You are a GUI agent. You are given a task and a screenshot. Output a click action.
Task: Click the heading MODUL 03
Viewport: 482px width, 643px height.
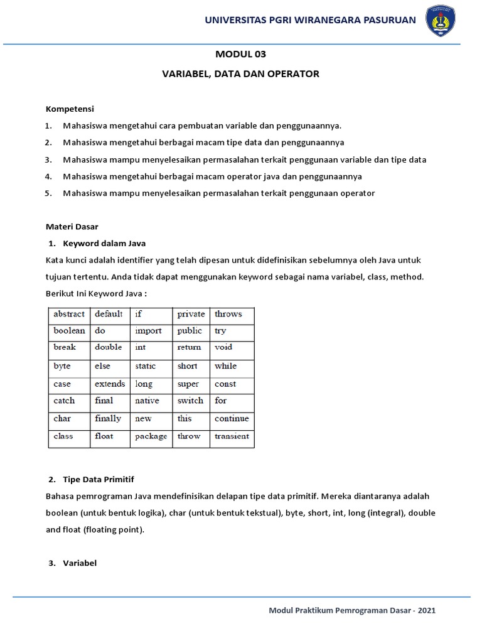coord(241,54)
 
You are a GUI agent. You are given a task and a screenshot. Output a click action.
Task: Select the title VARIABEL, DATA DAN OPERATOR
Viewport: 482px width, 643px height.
coord(241,74)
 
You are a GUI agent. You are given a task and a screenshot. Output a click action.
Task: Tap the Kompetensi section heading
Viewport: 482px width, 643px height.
coord(70,109)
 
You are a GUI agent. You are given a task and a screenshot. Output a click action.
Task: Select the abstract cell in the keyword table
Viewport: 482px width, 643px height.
coord(69,314)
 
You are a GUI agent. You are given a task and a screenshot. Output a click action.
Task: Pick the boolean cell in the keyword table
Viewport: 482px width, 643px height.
coord(69,331)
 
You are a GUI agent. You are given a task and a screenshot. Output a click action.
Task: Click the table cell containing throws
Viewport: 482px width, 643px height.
coord(228,314)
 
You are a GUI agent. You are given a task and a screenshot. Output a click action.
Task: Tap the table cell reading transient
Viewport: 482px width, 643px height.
coord(232,436)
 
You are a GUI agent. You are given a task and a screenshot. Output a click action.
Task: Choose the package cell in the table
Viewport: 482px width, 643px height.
coord(151,436)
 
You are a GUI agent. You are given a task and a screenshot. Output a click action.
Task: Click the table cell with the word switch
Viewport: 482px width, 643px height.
coord(190,401)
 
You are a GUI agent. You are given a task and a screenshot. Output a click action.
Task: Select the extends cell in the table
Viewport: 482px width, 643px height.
coord(110,384)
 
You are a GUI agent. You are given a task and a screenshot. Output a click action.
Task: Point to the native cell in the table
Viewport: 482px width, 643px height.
coord(147,401)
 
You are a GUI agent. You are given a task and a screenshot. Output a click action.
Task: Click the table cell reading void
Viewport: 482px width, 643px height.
coord(223,347)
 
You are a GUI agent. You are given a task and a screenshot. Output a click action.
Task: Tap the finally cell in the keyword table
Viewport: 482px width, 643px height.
coord(108,419)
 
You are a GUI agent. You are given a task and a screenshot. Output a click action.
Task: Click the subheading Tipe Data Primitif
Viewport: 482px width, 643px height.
coord(99,480)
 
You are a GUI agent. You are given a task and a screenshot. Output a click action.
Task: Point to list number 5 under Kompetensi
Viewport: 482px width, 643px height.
coord(48,193)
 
